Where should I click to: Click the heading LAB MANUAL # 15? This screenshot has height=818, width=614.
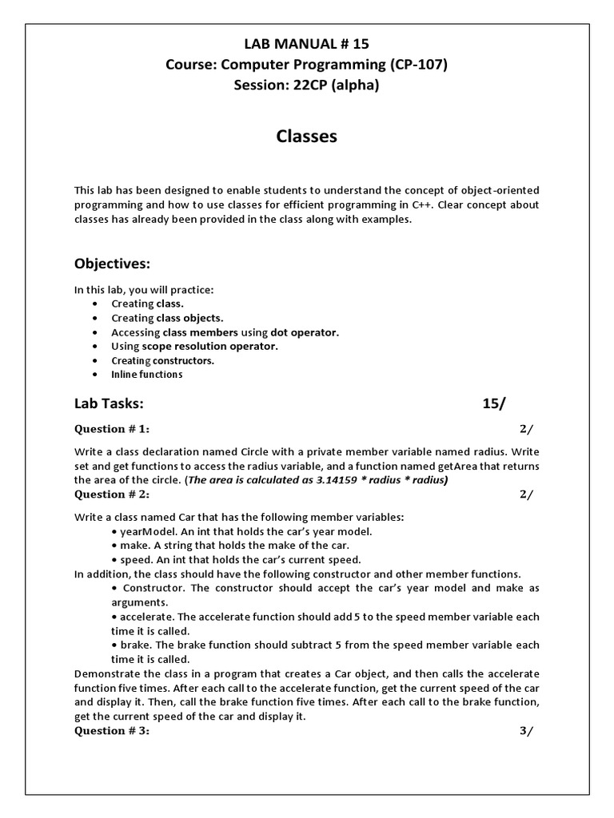306,45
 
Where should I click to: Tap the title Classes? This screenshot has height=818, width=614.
306,137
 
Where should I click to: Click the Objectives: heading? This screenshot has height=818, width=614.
112,264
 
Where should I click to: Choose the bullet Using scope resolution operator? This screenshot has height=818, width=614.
194,346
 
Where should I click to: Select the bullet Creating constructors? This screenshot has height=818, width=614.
162,360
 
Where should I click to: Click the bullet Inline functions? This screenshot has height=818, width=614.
146,375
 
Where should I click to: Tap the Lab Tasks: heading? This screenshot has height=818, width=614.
110,403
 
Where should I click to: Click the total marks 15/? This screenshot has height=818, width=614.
494,403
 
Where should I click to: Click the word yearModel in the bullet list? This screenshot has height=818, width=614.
144,531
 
